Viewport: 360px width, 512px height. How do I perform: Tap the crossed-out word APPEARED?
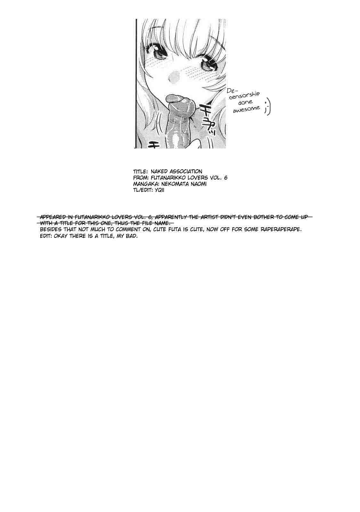(53, 217)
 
